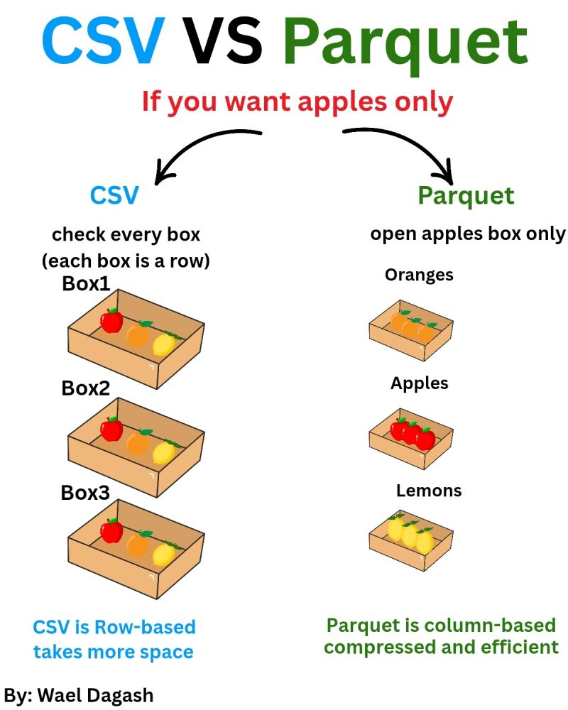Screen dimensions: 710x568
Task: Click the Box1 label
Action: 86,283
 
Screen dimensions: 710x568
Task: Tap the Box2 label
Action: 85,388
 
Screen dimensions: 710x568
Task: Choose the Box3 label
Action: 85,492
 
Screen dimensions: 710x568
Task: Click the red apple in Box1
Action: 111,321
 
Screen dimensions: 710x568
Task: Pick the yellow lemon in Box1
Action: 164,344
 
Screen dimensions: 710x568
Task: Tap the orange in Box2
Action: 138,442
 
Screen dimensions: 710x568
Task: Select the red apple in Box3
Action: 111,530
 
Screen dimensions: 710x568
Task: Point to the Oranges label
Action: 419,275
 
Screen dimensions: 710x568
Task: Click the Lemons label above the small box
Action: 428,491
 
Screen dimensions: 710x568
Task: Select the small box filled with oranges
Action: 411,329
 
